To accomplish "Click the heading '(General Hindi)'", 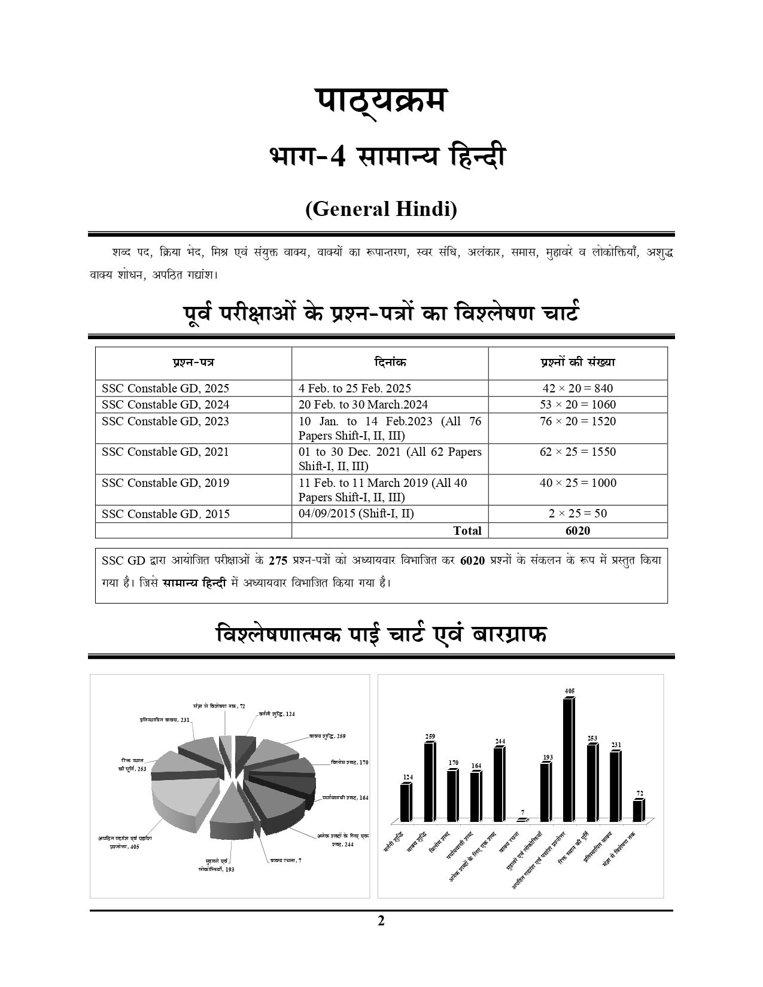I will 381,209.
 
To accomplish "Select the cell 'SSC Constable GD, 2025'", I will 165,388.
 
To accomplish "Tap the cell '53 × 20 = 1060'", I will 577,404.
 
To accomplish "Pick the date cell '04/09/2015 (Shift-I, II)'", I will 356,513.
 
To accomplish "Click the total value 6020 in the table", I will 577,531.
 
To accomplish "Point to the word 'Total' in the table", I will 467,531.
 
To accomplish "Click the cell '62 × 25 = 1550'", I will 577,452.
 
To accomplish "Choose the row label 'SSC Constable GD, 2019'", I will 165,483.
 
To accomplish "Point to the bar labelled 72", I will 639,811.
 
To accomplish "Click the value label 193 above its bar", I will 548,757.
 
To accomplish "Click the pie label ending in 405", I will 125,843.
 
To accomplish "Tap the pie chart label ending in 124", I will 276,714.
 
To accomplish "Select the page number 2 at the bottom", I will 381,921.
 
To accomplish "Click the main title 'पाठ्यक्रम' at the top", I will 381,100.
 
